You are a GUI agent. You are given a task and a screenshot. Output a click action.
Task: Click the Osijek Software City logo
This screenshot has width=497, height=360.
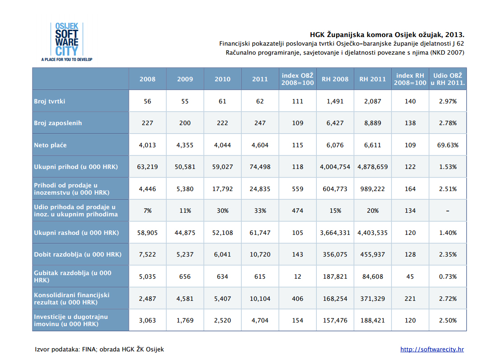point(67,42)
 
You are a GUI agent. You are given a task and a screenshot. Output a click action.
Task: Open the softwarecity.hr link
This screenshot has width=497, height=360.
point(432,349)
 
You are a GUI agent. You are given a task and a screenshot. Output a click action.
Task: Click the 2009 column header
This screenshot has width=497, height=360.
point(185,79)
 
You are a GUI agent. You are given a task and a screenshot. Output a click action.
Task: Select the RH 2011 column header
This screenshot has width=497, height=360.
point(373,79)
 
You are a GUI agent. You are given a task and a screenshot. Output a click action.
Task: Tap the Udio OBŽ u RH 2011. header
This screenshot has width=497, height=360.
point(448,79)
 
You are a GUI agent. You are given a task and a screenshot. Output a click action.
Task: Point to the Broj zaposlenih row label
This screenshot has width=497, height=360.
point(58,123)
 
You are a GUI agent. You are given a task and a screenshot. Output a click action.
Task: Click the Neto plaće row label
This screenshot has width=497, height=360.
point(51,145)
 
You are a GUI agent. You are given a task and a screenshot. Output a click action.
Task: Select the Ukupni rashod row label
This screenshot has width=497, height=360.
point(76,233)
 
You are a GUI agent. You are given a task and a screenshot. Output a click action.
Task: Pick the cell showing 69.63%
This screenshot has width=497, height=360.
point(448,145)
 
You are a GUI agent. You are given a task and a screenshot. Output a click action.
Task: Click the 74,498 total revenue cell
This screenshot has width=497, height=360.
point(260,167)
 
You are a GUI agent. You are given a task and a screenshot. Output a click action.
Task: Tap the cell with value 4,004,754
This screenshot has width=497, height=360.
point(335,167)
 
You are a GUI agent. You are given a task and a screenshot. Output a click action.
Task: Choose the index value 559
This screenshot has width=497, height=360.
point(298,189)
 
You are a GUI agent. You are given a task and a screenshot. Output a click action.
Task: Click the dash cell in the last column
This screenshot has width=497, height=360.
point(448,211)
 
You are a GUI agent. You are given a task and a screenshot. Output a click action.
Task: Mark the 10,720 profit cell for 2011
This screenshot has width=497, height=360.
point(260,254)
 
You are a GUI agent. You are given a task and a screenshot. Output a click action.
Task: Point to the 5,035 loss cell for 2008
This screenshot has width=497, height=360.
point(147,276)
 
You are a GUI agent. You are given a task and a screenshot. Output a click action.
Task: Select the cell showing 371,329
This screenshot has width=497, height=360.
point(373,299)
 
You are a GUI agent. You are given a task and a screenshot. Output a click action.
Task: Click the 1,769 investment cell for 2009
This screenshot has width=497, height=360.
point(185,320)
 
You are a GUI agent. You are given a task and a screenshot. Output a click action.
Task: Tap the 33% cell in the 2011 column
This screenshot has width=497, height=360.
point(260,211)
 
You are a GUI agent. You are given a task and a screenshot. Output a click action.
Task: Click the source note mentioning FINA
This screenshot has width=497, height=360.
point(99,349)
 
